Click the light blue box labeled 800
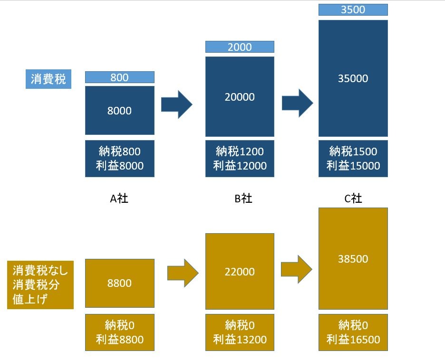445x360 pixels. tap(120, 77)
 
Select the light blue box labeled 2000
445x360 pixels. tap(240, 47)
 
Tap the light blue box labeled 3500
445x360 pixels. tap(353, 10)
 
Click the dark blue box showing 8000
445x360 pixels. tap(120, 110)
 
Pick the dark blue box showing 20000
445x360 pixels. tap(240, 96)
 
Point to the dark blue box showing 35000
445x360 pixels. tap(353, 78)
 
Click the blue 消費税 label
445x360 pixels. tap(48, 79)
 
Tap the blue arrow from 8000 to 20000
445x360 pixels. tap(176, 104)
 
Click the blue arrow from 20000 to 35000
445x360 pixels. tap(297, 103)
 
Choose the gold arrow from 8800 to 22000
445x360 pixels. tap(183, 273)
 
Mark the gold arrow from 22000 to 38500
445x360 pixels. tap(296, 269)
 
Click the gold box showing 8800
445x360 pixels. tap(120, 283)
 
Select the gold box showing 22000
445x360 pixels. tap(240, 271)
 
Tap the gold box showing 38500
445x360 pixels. tap(353, 258)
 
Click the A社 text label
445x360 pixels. tap(119, 199)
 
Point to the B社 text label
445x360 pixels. tap(243, 199)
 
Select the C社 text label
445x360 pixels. tap(353, 199)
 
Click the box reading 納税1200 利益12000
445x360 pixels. tap(240, 159)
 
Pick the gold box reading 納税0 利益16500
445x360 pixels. tap(353, 332)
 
